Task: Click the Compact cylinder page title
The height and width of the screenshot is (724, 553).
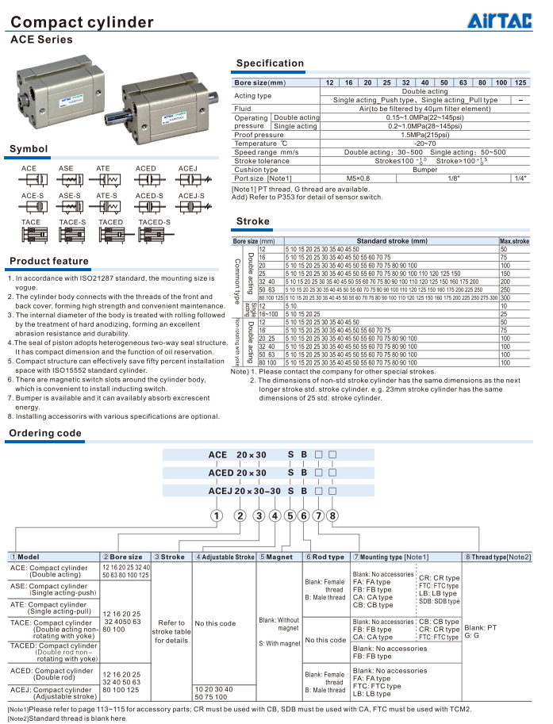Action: click(83, 22)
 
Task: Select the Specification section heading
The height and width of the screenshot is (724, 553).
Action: click(270, 63)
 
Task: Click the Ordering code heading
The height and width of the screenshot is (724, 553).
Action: click(45, 433)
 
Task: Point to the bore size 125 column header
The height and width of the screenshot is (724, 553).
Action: click(520, 82)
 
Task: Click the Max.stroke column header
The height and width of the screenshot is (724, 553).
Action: click(514, 241)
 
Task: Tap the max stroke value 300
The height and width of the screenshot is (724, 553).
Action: click(504, 297)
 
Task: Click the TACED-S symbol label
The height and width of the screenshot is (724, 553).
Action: click(155, 222)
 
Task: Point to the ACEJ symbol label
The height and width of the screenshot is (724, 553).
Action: click(188, 169)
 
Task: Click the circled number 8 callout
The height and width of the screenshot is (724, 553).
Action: click(333, 515)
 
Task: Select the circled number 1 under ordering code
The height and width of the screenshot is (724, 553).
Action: click(215, 515)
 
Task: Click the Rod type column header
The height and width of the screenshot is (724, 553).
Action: click(325, 557)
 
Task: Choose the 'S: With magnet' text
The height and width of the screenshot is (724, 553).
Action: click(278, 643)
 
